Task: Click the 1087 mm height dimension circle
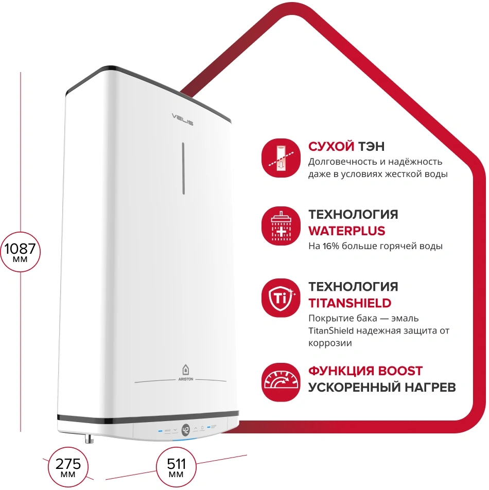pos(21,252)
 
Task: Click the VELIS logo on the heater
pos(183,119)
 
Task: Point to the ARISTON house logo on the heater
pos(186,372)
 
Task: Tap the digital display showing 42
pos(186,430)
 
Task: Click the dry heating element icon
pos(281,158)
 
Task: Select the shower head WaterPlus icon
pos(281,225)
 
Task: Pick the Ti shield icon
pos(281,298)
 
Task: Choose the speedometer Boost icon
pos(281,382)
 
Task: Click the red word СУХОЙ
pos(331,146)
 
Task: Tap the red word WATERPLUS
pos(347,231)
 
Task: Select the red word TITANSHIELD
pos(350,303)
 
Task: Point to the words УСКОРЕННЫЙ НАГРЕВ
pos(382,388)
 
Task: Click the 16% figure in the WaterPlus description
pos(331,246)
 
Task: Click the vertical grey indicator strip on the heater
pos(183,168)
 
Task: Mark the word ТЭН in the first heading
pos(371,146)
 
